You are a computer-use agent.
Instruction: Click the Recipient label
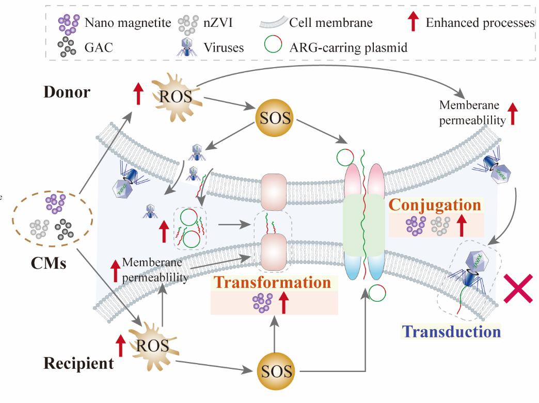78,363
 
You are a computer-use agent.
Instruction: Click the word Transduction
450,331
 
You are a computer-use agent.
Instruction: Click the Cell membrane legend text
331,23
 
